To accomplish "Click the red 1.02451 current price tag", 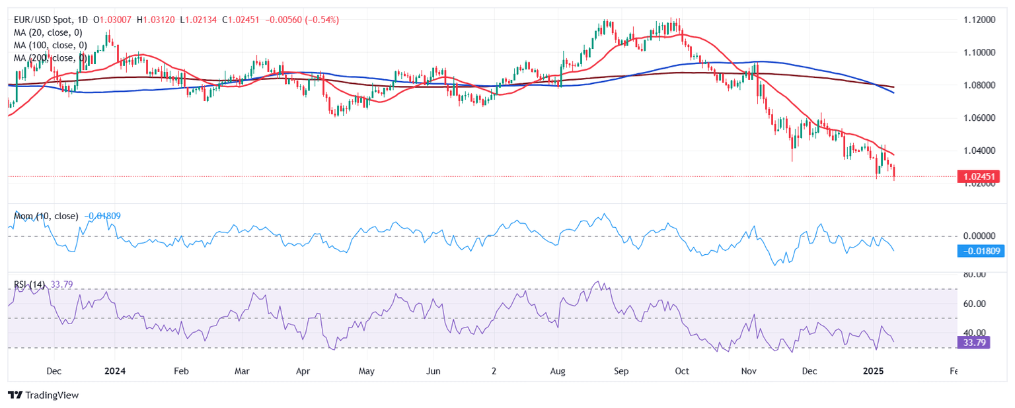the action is click(979, 177).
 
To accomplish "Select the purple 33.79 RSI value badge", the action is click(974, 343).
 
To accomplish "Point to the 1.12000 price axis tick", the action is click(979, 20).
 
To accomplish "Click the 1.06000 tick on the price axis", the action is click(979, 118).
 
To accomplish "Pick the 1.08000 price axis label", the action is click(979, 85).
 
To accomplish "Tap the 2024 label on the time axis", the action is click(115, 371).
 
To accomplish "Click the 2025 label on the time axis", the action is click(873, 371).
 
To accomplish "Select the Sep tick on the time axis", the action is click(621, 371).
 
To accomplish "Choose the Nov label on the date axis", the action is click(749, 371).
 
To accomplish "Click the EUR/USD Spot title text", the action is click(43, 20).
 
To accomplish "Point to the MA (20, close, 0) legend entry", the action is click(48, 32).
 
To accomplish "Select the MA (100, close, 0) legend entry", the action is click(50, 46).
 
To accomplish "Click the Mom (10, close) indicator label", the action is click(46, 216).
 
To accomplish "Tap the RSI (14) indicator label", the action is click(30, 285).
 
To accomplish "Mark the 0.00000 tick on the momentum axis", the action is click(979, 236).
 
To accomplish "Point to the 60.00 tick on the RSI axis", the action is click(974, 304).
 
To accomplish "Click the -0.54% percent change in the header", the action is click(322, 20).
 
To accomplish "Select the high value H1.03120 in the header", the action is click(155, 20).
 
